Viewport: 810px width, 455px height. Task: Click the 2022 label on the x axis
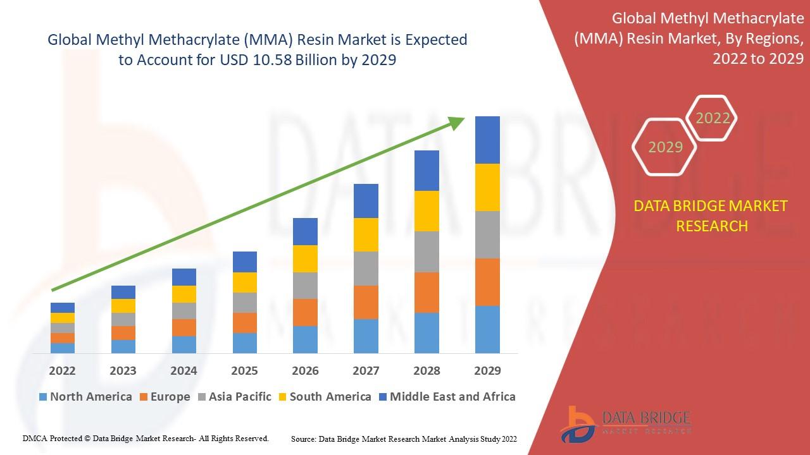62,370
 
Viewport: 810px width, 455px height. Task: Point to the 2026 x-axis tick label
305,370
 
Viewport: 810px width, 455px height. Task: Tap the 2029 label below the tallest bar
487,370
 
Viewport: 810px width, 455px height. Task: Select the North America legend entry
85,397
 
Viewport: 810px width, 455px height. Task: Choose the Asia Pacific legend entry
235,397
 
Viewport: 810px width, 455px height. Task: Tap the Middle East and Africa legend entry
447,397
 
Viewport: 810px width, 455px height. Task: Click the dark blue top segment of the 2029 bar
487,140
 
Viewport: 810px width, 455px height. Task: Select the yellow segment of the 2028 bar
427,211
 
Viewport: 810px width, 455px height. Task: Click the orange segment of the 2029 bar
487,282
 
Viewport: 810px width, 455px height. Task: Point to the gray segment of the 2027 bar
366,269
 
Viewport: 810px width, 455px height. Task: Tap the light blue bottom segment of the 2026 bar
305,339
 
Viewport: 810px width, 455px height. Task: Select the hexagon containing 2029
664,147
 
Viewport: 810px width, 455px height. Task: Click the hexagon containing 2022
713,118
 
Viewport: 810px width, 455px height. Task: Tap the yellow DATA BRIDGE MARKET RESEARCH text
711,216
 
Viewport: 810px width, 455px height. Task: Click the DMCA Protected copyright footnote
146,438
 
